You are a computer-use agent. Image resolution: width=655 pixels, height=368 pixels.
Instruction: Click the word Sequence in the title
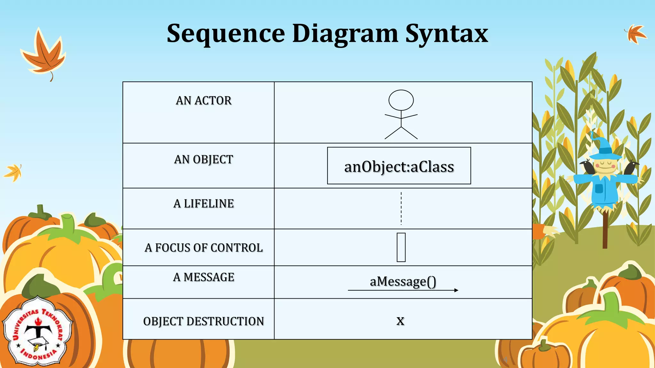click(226, 34)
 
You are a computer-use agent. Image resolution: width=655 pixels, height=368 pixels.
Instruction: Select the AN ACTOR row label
click(203, 101)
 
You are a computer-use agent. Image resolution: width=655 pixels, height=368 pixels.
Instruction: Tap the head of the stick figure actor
click(401, 100)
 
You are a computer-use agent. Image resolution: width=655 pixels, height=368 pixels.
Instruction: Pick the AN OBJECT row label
click(203, 159)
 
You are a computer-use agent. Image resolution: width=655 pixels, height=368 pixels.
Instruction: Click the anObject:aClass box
click(399, 166)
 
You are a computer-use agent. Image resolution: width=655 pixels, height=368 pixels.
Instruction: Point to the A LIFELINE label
click(203, 203)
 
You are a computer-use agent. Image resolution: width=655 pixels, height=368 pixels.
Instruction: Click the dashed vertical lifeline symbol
click(401, 208)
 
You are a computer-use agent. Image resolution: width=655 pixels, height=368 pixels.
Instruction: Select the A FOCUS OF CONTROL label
click(203, 248)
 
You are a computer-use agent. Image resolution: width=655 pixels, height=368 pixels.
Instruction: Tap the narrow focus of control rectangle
click(401, 247)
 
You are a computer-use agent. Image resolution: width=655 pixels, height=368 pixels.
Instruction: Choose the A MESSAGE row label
click(203, 277)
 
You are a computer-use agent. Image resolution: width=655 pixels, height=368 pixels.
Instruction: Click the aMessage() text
click(403, 281)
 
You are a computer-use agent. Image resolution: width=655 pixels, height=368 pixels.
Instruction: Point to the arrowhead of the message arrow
click(456, 290)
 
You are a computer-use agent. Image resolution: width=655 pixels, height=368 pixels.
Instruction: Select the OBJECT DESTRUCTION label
click(203, 321)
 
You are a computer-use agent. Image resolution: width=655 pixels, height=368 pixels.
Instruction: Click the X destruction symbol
click(400, 320)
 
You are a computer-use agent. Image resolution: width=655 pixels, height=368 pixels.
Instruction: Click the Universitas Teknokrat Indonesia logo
click(38, 332)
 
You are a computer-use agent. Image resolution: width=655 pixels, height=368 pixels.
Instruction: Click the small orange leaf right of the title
click(635, 34)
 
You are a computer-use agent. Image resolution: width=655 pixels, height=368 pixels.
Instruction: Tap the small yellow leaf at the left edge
click(13, 172)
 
